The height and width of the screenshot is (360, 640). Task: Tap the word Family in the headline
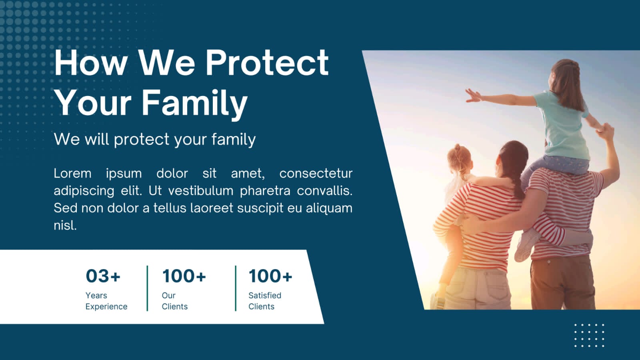pos(195,104)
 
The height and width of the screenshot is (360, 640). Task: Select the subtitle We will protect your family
pos(154,140)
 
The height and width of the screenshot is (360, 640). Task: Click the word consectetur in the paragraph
pos(316,174)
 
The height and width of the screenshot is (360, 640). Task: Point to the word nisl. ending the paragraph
pos(65,225)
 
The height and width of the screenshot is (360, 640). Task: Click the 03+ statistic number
pos(103,276)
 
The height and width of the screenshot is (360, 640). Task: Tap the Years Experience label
pos(106,301)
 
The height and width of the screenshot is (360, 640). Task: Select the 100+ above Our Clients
pos(184,276)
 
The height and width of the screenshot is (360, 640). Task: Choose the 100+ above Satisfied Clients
pos(270,276)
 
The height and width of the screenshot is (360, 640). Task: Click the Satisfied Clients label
pos(265,301)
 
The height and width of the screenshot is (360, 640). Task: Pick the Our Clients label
pos(174,301)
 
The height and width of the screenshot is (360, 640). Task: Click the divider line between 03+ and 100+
pos(148,288)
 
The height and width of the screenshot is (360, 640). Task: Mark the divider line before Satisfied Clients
pos(236,288)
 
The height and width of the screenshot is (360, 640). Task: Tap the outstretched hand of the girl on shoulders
pos(473,96)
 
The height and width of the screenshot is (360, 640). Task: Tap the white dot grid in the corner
pos(589,336)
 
